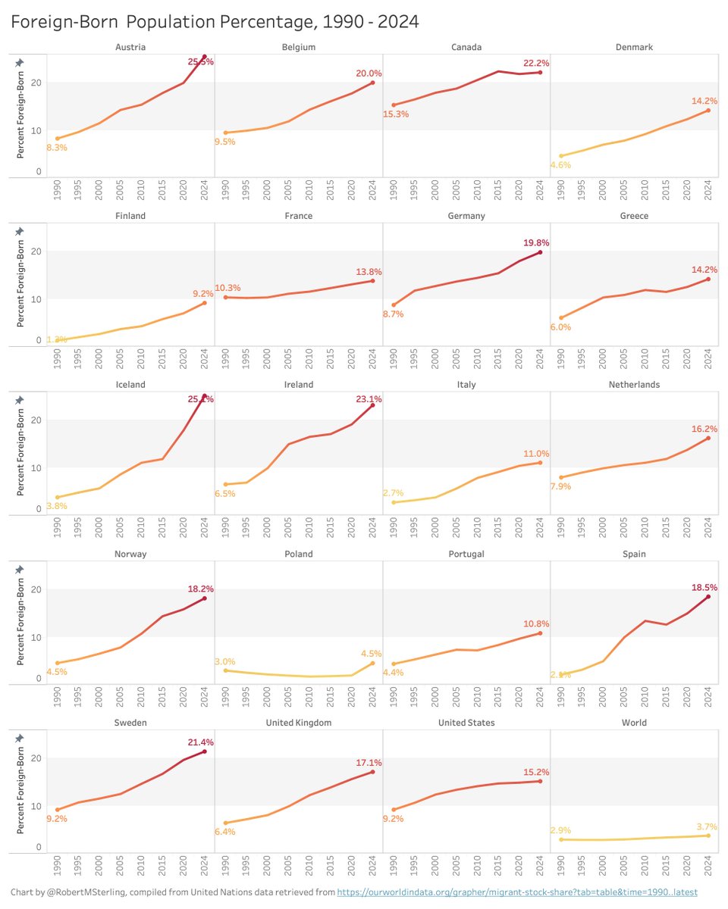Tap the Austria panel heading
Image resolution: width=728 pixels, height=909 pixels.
click(x=130, y=47)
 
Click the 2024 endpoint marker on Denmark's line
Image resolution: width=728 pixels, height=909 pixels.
click(x=708, y=111)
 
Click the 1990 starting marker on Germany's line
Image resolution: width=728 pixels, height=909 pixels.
click(x=394, y=305)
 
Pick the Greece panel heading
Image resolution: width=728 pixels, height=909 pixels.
click(x=633, y=216)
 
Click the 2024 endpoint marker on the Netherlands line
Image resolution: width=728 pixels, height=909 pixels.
click(x=708, y=438)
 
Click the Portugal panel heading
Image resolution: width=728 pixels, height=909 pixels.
click(x=466, y=554)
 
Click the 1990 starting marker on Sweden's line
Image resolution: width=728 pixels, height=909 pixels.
click(x=58, y=810)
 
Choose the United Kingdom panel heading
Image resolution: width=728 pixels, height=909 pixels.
click(x=298, y=723)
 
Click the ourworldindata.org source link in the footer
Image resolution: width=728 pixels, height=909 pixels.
click(x=516, y=893)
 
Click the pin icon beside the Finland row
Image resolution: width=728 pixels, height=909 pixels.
click(x=20, y=231)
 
